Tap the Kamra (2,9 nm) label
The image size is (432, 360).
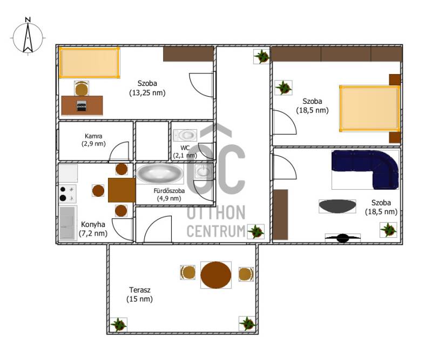click(93, 140)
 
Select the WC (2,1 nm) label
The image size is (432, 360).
click(185, 152)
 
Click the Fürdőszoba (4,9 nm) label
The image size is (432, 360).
click(169, 195)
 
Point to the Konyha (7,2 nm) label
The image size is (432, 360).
click(93, 229)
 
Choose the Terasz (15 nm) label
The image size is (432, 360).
click(140, 295)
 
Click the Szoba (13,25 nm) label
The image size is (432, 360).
click(147, 88)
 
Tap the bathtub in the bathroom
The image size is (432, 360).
click(160, 174)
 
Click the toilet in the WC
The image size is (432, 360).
click(185, 135)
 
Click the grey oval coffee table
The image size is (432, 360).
click(337, 206)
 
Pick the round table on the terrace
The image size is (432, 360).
click(215, 275)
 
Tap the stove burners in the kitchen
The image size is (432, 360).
click(67, 194)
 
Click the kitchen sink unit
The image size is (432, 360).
click(67, 223)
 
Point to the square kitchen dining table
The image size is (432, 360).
click(122, 190)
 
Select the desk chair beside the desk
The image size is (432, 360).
click(82, 89)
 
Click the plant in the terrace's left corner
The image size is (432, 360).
click(119, 325)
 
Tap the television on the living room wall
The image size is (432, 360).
click(343, 238)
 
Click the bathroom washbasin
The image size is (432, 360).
click(204, 171)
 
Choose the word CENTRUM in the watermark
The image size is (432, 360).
click(217, 231)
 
